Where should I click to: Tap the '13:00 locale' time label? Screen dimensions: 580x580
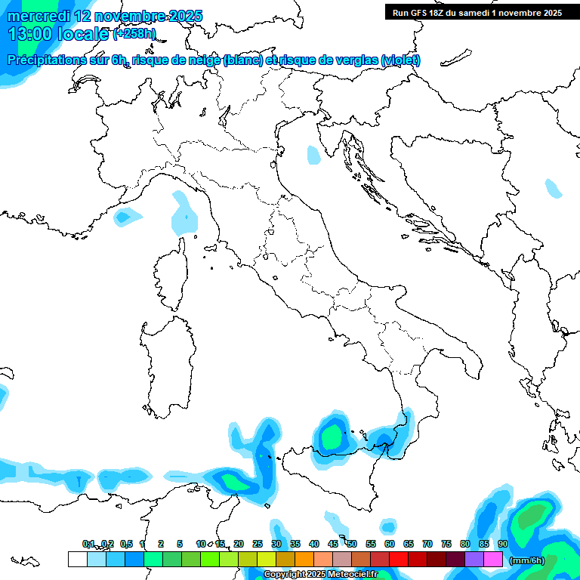57,34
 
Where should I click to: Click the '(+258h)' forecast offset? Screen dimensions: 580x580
135,34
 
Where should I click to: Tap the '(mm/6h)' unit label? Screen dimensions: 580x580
526,560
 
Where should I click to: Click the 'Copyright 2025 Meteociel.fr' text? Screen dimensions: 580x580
320,575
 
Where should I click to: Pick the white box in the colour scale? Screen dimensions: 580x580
77,559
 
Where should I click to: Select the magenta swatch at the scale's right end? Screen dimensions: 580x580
493,559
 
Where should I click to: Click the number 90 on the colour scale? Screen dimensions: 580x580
503,544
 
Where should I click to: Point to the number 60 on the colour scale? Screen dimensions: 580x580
390,544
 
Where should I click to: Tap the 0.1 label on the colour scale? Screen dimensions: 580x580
89,544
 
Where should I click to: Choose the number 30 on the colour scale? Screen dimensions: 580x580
276,544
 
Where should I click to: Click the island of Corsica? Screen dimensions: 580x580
171,276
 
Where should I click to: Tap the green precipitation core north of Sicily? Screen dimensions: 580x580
330,436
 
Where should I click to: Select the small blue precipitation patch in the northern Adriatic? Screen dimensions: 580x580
313,155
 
